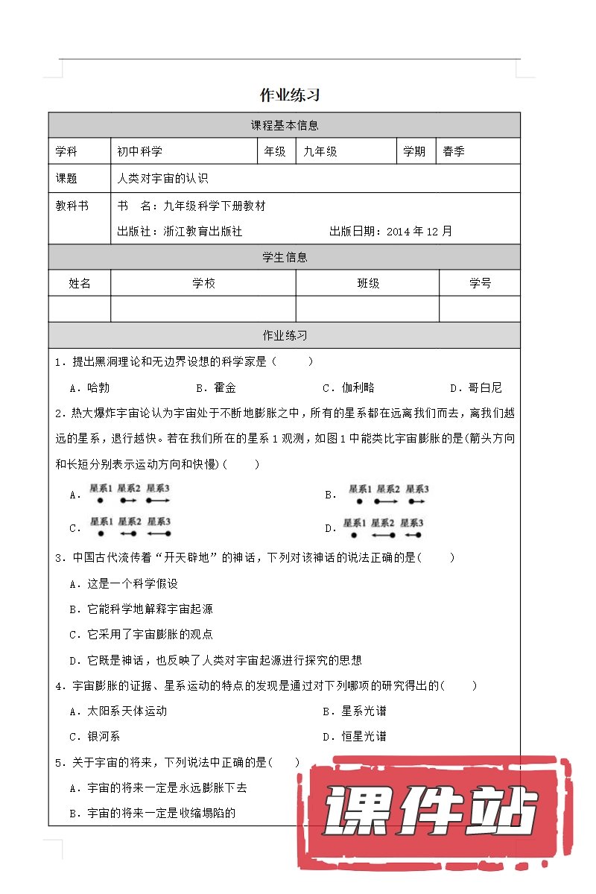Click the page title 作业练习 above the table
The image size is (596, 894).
[290, 95]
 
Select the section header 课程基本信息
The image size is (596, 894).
[285, 126]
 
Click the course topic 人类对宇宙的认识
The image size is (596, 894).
[162, 179]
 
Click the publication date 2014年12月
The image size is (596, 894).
[419, 232]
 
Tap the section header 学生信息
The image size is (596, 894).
[285, 258]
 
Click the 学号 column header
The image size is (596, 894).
[480, 284]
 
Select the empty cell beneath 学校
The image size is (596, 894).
[203, 309]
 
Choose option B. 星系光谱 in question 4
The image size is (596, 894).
[355, 711]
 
